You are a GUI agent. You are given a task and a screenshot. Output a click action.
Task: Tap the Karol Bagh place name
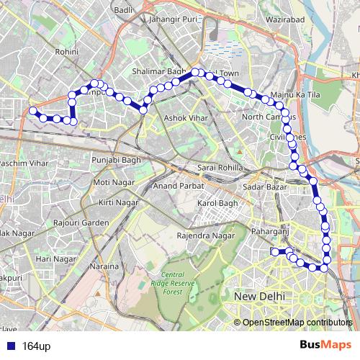point(217,203)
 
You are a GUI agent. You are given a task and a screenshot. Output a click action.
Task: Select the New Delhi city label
point(260,296)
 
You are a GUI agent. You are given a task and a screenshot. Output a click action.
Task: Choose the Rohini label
point(67,52)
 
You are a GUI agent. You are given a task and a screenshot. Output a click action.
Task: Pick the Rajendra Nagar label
point(206,235)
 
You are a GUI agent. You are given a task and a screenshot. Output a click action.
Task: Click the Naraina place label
point(104,267)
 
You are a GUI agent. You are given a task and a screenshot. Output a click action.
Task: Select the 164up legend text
point(36,346)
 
